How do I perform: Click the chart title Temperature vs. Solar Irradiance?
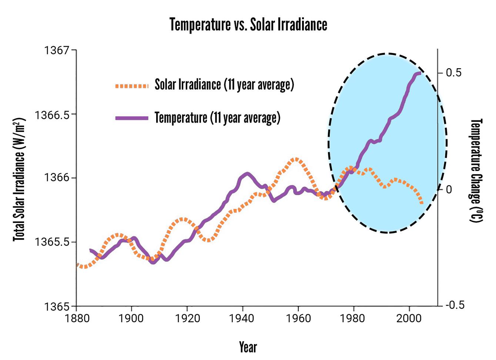(248, 25)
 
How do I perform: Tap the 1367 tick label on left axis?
(57, 50)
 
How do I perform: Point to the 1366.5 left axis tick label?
(52, 115)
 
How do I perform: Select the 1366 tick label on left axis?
(57, 178)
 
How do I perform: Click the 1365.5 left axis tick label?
(52, 242)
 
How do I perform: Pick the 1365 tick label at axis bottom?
(57, 307)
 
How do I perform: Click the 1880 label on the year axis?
(77, 319)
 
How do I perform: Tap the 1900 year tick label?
(131, 319)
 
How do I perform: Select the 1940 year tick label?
(242, 319)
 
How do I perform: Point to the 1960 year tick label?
(298, 319)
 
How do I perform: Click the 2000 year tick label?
(409, 319)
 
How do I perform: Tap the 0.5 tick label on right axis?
(454, 73)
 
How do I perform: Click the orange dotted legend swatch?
(132, 86)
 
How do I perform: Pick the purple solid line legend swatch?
(132, 118)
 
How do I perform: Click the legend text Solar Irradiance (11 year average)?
(224, 85)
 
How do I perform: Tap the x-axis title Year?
(248, 347)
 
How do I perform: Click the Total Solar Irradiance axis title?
(19, 180)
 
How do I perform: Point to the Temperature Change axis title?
(476, 170)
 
